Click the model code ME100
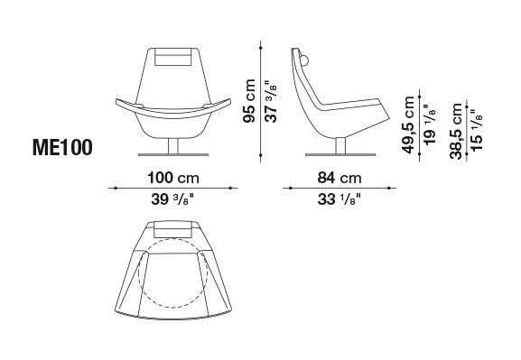click(x=61, y=147)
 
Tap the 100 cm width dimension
click(x=173, y=178)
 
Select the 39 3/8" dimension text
click(x=172, y=199)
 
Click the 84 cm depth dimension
click(x=340, y=178)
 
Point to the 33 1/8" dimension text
click(x=340, y=199)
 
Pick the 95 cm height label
click(x=249, y=101)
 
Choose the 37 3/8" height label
click(x=271, y=101)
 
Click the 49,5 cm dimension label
click(x=408, y=125)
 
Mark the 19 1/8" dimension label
click(x=430, y=125)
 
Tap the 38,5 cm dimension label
click(x=456, y=131)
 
